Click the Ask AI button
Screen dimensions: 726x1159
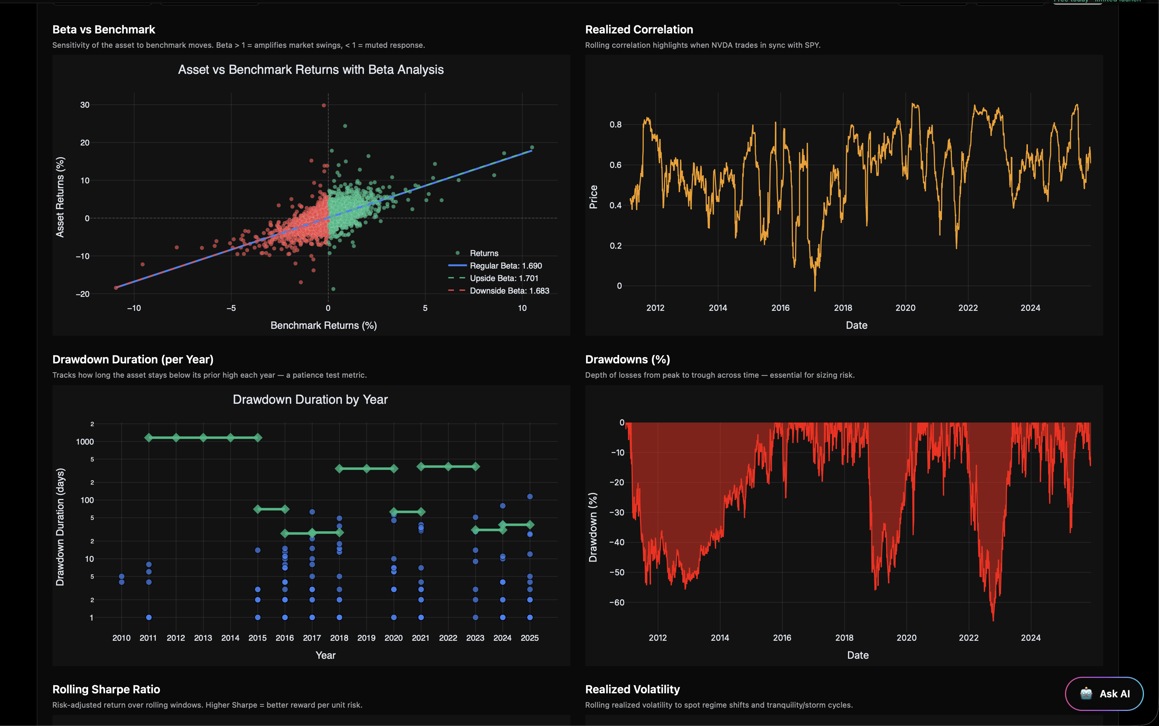[x=1104, y=693]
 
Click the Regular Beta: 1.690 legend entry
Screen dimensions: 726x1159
[x=505, y=266]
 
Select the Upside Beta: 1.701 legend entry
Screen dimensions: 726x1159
[x=503, y=278]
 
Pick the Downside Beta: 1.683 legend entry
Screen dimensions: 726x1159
[x=509, y=291]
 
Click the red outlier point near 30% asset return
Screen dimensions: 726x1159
[x=324, y=105]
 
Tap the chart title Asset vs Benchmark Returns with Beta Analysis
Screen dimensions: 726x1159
[x=311, y=69]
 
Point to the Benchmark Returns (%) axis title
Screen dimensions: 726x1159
[x=324, y=325]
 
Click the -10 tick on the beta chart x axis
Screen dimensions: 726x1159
[x=134, y=308]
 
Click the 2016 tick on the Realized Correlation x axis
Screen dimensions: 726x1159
[x=780, y=308]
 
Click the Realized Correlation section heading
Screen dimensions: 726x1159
[x=639, y=30]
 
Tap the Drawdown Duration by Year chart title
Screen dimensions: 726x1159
[x=310, y=399]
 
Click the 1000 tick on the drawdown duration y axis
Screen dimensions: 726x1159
[x=85, y=442]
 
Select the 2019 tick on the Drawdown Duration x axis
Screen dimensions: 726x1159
[x=366, y=638]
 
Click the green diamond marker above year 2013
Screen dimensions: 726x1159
[x=203, y=438]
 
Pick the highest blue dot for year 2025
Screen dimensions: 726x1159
[x=530, y=496]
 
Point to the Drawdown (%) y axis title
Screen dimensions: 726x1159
[x=593, y=527]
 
